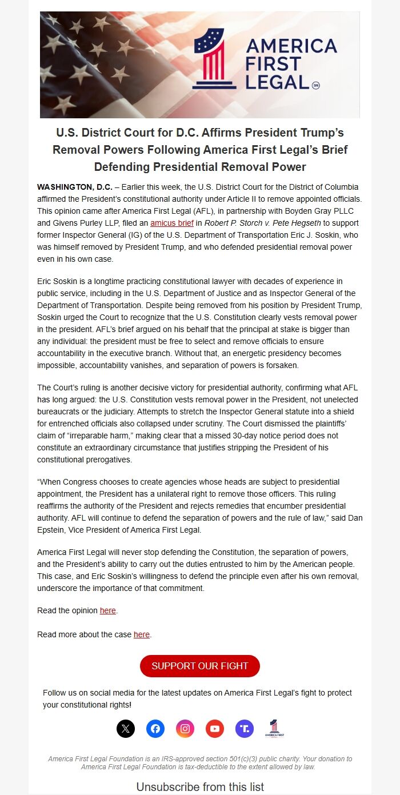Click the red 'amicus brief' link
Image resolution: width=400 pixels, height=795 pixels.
point(172,223)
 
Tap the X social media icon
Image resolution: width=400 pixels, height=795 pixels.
point(126,729)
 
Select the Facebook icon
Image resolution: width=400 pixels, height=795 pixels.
point(155,729)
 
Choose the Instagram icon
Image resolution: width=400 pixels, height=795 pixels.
point(185,729)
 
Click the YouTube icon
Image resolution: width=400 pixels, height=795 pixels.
point(215,729)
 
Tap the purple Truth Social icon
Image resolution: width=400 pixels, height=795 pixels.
point(245,729)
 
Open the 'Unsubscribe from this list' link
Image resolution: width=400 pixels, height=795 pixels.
point(200,787)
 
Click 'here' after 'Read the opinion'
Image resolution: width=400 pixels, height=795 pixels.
point(108,610)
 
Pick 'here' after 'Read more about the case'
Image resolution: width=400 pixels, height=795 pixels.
point(142,634)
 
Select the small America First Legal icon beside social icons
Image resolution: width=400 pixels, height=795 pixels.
point(275,729)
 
